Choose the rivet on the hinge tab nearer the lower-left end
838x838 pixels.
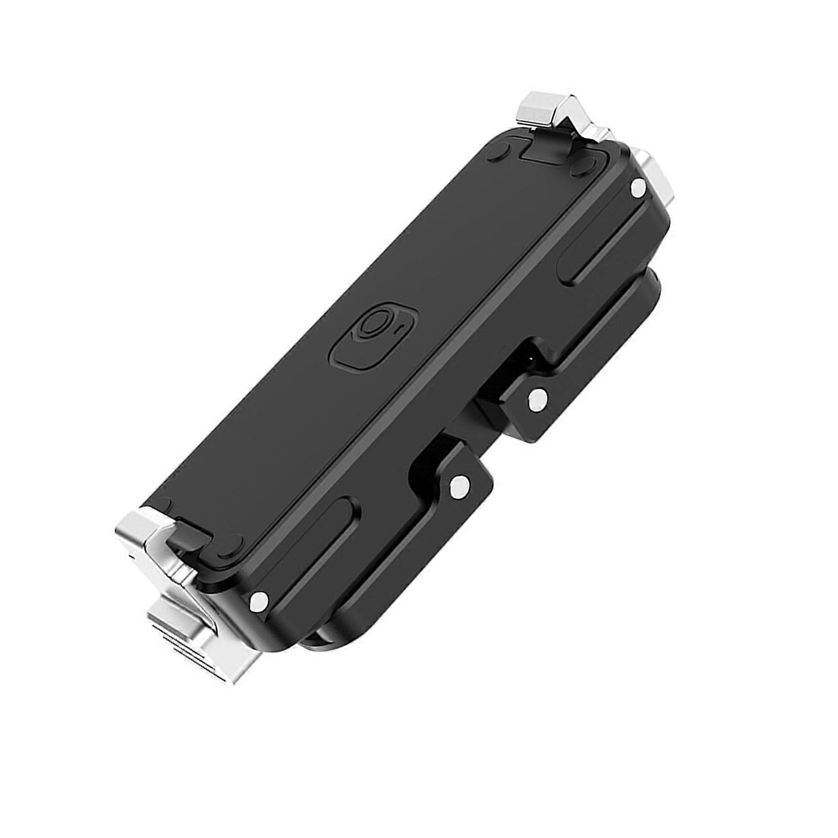click(x=459, y=486)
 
